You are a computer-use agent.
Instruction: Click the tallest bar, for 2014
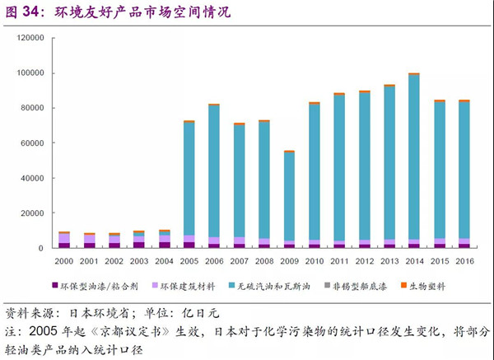point(413,161)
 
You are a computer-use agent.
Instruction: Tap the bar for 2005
point(189,184)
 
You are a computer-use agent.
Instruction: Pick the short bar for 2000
point(64,240)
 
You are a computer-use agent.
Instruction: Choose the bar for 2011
point(338,171)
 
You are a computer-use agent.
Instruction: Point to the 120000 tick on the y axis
point(31,38)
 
